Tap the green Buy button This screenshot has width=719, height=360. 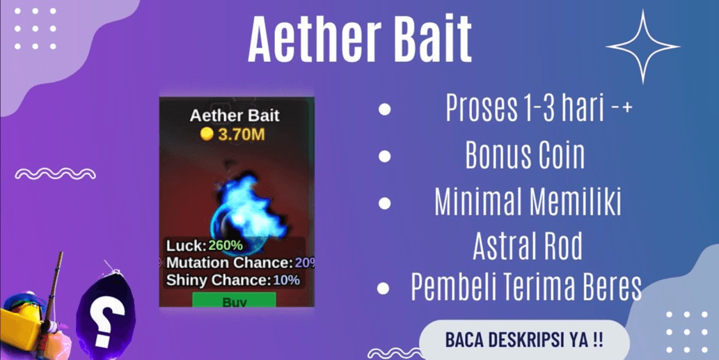click(x=235, y=300)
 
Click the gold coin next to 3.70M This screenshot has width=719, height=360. click(x=207, y=134)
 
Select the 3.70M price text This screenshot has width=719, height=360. click(x=242, y=134)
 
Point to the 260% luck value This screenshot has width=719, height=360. click(x=225, y=245)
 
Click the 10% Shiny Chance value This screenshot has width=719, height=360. click(x=286, y=280)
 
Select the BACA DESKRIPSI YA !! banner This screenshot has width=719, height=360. click(x=523, y=340)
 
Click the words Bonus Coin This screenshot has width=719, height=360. click(x=525, y=155)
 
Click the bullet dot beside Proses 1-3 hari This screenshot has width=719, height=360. click(x=385, y=109)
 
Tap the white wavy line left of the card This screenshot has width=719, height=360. click(x=56, y=173)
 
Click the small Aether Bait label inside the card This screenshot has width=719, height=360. click(x=235, y=116)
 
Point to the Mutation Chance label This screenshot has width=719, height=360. click(x=229, y=263)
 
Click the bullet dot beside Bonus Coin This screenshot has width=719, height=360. click(x=385, y=156)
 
